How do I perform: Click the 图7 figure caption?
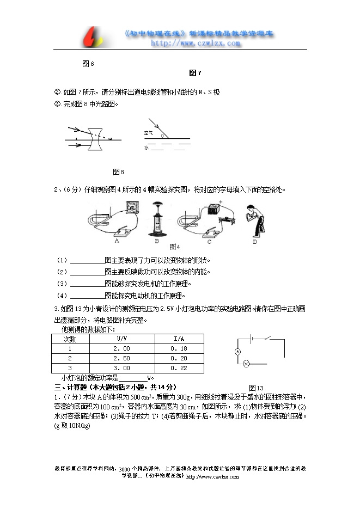point(195,73)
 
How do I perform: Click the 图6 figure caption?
point(88,64)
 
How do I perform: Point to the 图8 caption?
point(118,172)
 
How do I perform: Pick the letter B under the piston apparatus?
point(157,240)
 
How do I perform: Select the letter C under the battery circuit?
point(209,240)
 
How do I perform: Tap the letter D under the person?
point(255,240)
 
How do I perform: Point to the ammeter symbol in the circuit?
point(237,352)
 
